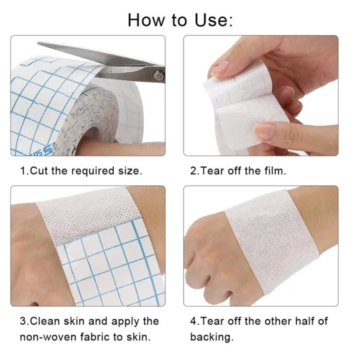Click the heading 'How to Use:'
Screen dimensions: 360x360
[x=180, y=19]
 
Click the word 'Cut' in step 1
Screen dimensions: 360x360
[x=39, y=170]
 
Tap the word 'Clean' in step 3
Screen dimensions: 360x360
[x=47, y=321]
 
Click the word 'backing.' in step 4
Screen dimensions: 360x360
[x=211, y=336]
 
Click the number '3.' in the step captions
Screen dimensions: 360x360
[x=23, y=321]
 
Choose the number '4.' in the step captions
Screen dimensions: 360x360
[x=194, y=321]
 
